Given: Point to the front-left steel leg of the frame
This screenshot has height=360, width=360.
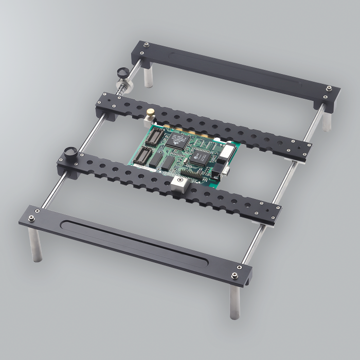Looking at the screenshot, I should [x=34, y=245].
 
